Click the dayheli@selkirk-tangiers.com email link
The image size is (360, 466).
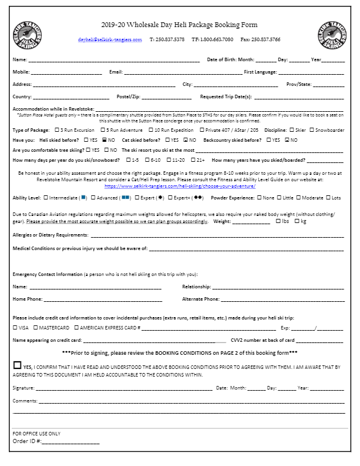tap(110, 39)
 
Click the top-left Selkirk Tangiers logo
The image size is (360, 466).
tap(26, 35)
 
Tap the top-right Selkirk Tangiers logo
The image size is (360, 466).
tap(332, 35)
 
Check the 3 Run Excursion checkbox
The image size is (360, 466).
tap(56, 130)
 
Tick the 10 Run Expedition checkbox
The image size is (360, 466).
tap(150, 130)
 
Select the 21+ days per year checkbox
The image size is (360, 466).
tap(193, 160)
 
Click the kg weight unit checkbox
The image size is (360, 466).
tap(296, 221)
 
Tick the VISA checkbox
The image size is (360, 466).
tap(15, 328)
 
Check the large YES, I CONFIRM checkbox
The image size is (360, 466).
tap(18, 365)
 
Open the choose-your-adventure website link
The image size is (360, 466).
tap(179, 186)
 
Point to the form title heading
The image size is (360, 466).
tap(179, 25)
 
